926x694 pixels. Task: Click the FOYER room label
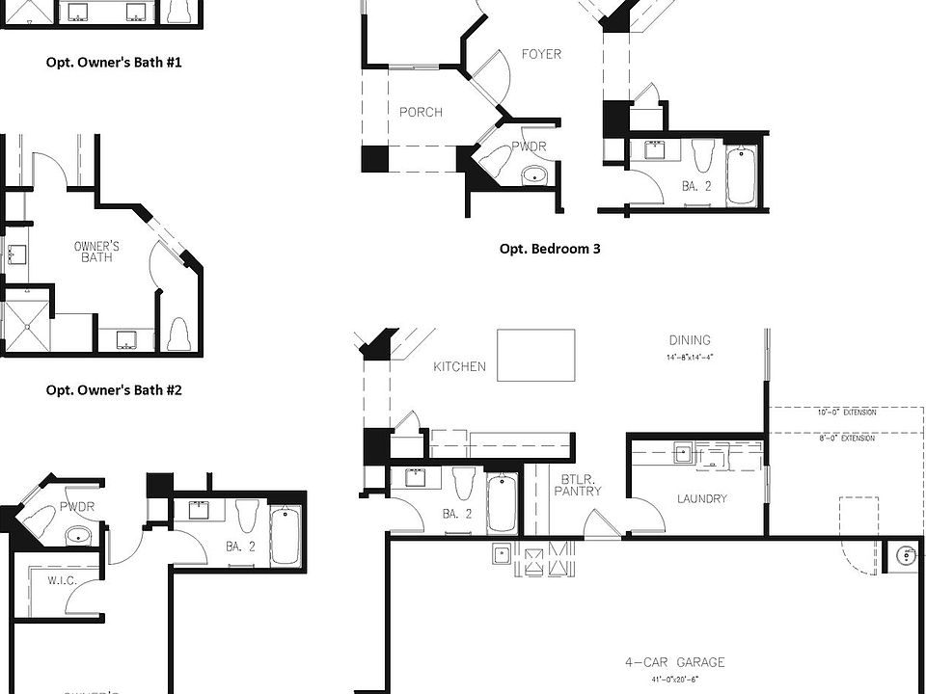[x=541, y=54]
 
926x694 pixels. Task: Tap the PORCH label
[x=421, y=112]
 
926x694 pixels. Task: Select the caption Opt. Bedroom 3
[x=550, y=249]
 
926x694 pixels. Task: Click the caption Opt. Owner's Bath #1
[x=114, y=63]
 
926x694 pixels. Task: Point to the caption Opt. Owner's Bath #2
[x=114, y=390]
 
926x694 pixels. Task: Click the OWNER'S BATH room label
[x=96, y=253]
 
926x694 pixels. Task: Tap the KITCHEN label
[x=459, y=367]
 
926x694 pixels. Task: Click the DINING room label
[x=690, y=340]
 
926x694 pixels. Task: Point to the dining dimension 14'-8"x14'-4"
[x=690, y=358]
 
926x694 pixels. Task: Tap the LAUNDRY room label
[x=702, y=499]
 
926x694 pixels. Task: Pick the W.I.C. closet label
[x=62, y=580]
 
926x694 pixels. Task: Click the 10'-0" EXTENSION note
[x=847, y=413]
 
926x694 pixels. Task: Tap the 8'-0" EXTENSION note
[x=847, y=439]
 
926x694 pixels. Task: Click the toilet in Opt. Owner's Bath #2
[x=177, y=334]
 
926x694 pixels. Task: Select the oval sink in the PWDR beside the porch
[x=533, y=175]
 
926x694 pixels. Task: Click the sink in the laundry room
[x=683, y=452]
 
